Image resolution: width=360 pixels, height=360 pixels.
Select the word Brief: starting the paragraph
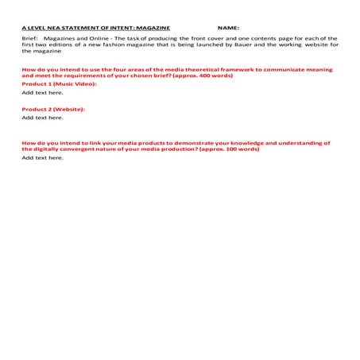tap(30, 37)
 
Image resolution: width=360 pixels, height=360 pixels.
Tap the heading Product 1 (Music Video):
tap(59, 83)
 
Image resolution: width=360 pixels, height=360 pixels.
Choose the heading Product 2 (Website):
tap(53, 108)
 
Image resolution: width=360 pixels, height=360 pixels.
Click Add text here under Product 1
tap(42, 92)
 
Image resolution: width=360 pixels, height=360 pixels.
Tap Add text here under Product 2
tap(42, 118)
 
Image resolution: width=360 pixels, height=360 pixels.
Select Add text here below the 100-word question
tap(42, 157)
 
